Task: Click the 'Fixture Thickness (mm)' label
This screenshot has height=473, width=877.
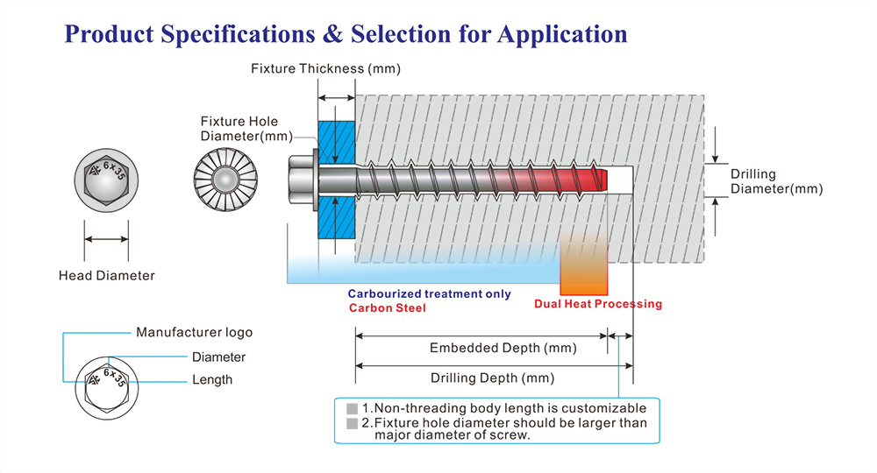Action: (x=325, y=68)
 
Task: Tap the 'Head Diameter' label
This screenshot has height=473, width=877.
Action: (x=107, y=275)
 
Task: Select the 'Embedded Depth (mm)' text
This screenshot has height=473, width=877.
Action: (x=503, y=348)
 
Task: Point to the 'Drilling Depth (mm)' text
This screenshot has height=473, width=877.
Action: (x=492, y=378)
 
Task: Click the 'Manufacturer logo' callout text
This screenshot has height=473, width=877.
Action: (x=194, y=332)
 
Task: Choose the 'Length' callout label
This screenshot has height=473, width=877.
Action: (x=212, y=380)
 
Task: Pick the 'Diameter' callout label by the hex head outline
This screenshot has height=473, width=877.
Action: (x=218, y=357)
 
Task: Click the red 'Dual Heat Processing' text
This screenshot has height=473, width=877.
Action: (x=598, y=304)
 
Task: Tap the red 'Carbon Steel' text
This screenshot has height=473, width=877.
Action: (x=387, y=307)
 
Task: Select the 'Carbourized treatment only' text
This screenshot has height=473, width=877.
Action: (x=429, y=293)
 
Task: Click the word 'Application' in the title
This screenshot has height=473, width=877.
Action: (x=562, y=35)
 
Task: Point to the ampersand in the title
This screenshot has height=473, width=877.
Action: (x=332, y=34)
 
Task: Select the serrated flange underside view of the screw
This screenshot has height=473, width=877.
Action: (x=225, y=180)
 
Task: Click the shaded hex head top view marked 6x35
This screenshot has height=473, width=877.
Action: (x=106, y=180)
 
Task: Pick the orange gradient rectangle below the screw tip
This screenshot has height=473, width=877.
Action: (x=583, y=263)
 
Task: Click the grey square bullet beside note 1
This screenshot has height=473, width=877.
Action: (x=352, y=409)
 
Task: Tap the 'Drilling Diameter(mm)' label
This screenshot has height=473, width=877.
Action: (x=776, y=181)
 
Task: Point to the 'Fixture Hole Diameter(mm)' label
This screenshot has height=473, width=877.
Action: (x=246, y=129)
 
